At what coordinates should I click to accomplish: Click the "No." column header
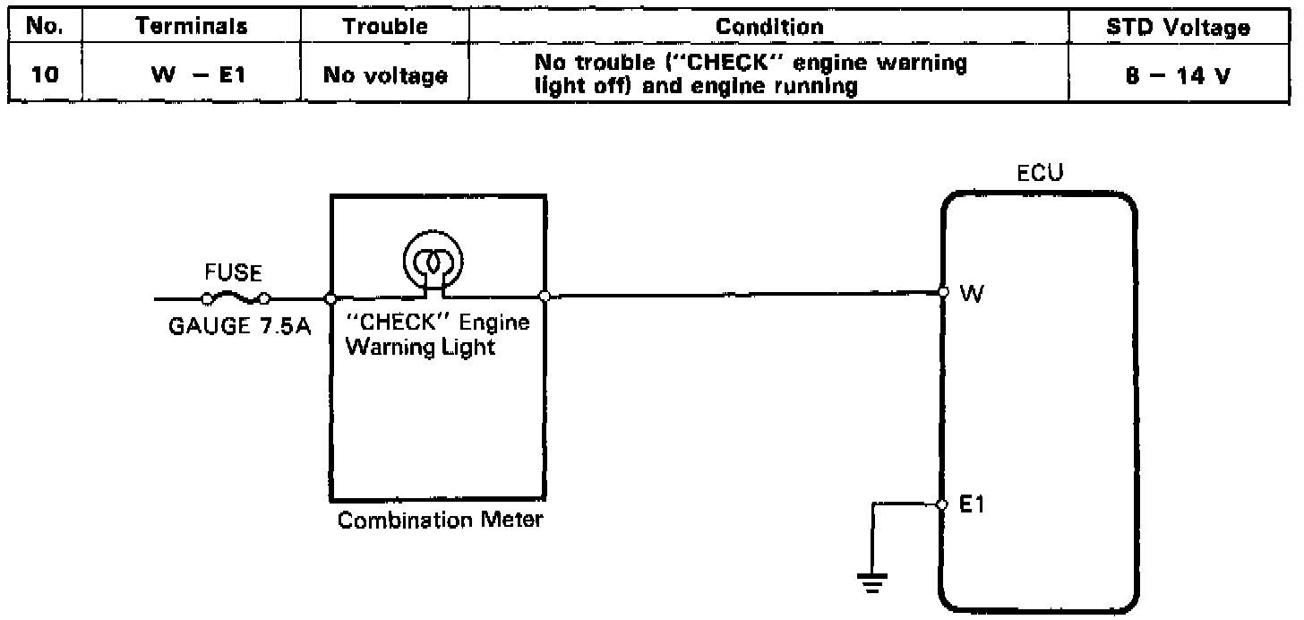pos(42,27)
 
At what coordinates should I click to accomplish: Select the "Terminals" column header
pos(191,27)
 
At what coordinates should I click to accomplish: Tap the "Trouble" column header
pos(385,27)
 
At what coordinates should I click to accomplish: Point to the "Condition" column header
pos(768,27)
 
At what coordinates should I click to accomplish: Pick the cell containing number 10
pos(42,75)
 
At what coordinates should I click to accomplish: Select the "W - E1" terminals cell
pos(191,75)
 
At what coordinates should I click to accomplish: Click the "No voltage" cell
pos(385,75)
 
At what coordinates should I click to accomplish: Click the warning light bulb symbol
pos(433,260)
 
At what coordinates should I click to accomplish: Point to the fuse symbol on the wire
pos(236,298)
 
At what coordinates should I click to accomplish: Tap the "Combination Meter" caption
pos(440,520)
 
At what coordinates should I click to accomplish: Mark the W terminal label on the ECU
pos(971,295)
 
